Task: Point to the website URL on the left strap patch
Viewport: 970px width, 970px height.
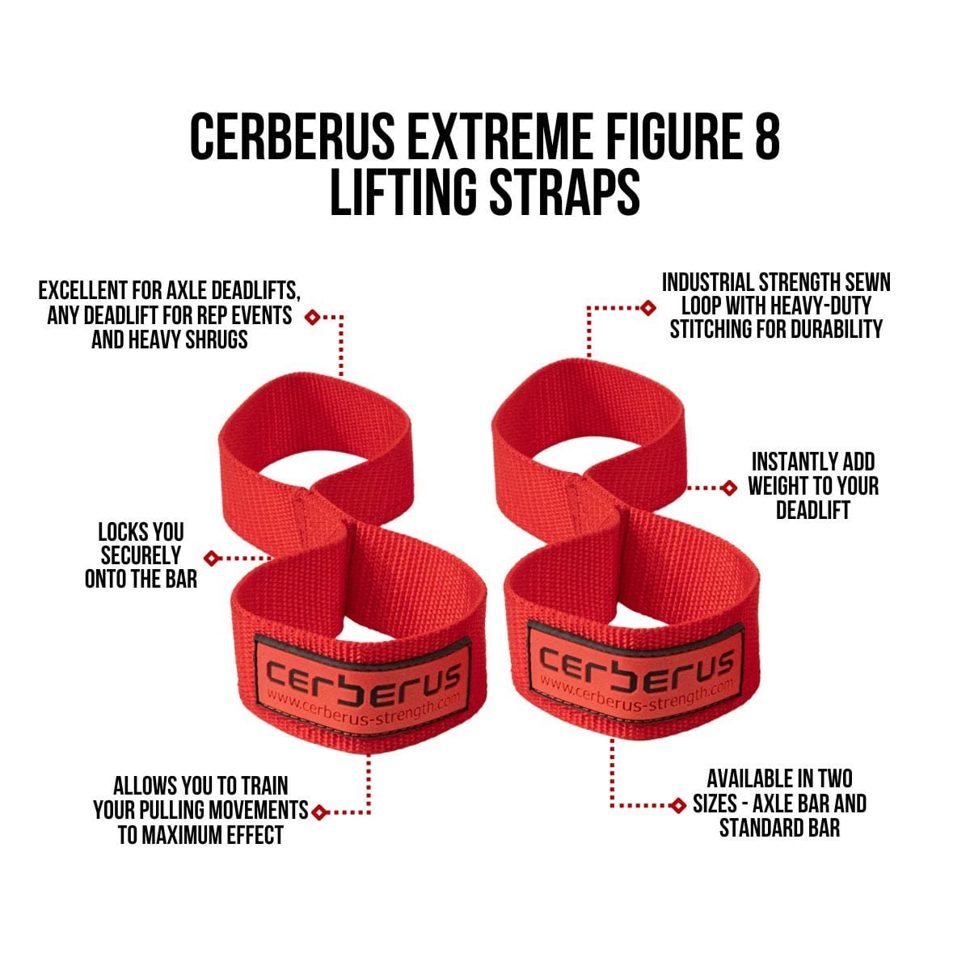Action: pos(368,704)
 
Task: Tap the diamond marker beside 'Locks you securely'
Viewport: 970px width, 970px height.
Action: pos(212,558)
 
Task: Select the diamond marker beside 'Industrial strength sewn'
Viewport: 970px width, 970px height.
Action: pos(647,307)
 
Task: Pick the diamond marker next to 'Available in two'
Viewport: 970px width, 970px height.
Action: pos(678,805)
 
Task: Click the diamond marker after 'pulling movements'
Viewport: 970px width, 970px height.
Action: pos(320,812)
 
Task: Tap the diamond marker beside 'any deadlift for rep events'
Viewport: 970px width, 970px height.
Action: pos(312,317)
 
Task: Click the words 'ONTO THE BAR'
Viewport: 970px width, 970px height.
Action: pos(141,579)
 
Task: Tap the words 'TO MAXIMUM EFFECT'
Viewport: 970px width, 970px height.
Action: pos(200,834)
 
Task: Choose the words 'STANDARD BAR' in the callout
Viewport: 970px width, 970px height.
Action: pos(779,828)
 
